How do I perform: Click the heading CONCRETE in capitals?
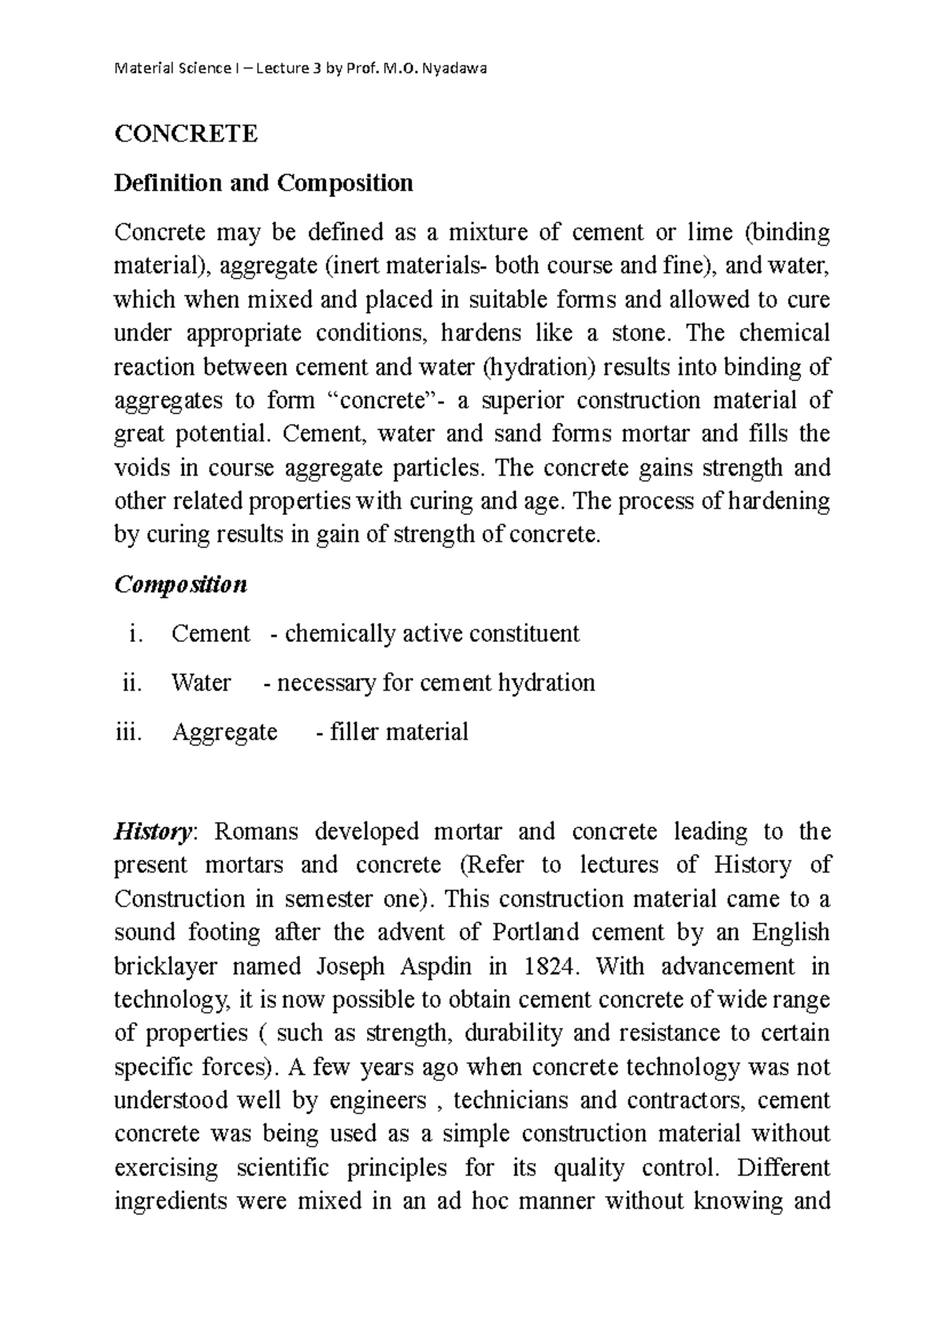click(186, 134)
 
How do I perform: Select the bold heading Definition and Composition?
click(263, 183)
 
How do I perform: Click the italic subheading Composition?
click(180, 585)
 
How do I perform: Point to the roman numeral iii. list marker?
click(128, 732)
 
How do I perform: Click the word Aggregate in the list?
click(224, 732)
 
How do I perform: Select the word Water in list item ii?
click(201, 683)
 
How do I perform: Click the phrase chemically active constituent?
click(432, 634)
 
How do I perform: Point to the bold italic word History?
click(153, 831)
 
